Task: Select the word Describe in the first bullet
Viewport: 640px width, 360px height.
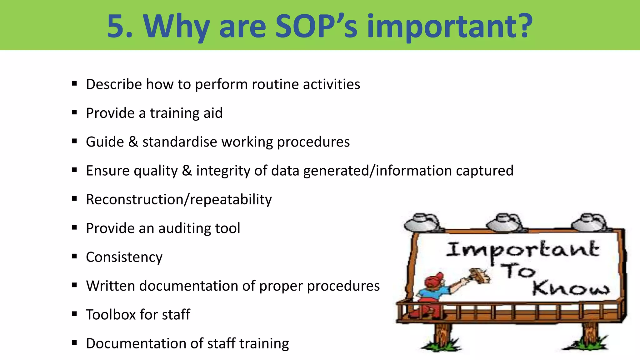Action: [114, 84]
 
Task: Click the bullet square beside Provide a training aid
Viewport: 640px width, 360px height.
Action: [74, 112]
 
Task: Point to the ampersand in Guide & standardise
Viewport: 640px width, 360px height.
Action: [133, 142]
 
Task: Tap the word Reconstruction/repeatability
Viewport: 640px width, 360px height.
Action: [179, 200]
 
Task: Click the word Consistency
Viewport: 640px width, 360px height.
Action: [124, 257]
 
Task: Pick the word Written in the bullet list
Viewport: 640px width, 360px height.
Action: [111, 286]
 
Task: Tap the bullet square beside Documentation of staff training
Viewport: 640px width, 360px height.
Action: [74, 343]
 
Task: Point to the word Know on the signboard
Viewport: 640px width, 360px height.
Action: [571, 288]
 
